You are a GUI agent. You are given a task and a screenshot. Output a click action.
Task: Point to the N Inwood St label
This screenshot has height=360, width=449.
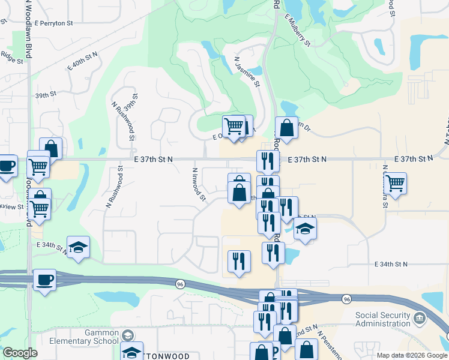point(198,184)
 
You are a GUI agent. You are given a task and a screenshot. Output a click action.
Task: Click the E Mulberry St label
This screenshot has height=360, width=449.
point(297,31)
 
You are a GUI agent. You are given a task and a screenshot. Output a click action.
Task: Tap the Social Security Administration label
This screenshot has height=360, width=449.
point(384,319)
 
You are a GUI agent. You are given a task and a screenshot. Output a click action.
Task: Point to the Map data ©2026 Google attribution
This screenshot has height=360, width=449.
point(412,355)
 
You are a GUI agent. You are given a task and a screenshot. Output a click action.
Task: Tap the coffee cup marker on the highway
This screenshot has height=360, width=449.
point(44,279)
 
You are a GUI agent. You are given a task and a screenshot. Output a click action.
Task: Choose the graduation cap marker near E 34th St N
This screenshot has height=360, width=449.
point(78,248)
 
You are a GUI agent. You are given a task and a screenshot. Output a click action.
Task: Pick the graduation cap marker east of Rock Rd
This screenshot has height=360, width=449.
point(305,229)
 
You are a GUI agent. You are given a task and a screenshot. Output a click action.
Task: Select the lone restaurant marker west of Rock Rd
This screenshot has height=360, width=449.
point(239,261)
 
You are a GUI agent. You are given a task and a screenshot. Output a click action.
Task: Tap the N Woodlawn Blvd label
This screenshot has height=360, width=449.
point(28,36)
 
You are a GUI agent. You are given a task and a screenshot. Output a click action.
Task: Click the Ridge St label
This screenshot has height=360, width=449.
point(11,59)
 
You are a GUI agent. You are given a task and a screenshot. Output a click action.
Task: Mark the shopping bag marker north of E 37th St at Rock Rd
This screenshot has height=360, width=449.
point(287,128)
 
